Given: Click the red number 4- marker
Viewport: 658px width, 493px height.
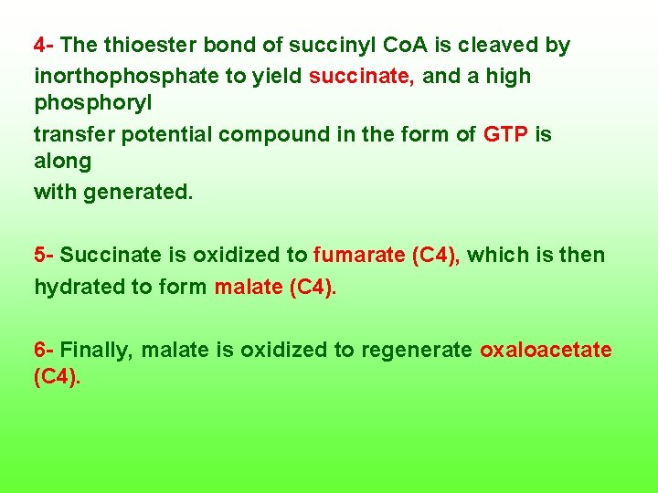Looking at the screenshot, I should pos(45,45).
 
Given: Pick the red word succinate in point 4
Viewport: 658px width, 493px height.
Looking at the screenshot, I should pos(362,77).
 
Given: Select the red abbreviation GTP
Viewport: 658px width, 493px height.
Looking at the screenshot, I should pos(505,134).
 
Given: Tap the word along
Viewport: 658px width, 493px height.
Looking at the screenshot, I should pos(63,162).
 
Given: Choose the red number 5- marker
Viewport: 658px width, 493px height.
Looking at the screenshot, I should pos(45,255).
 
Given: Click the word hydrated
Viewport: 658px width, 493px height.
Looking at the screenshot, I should pos(80,287).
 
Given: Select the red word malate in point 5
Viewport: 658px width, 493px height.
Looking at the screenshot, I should pos(247,287).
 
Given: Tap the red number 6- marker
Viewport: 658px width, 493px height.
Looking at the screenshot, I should pos(45,350).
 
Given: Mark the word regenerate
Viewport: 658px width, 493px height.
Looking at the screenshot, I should pos(418,350).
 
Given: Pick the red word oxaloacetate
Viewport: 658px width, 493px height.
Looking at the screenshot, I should pos(546,350).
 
